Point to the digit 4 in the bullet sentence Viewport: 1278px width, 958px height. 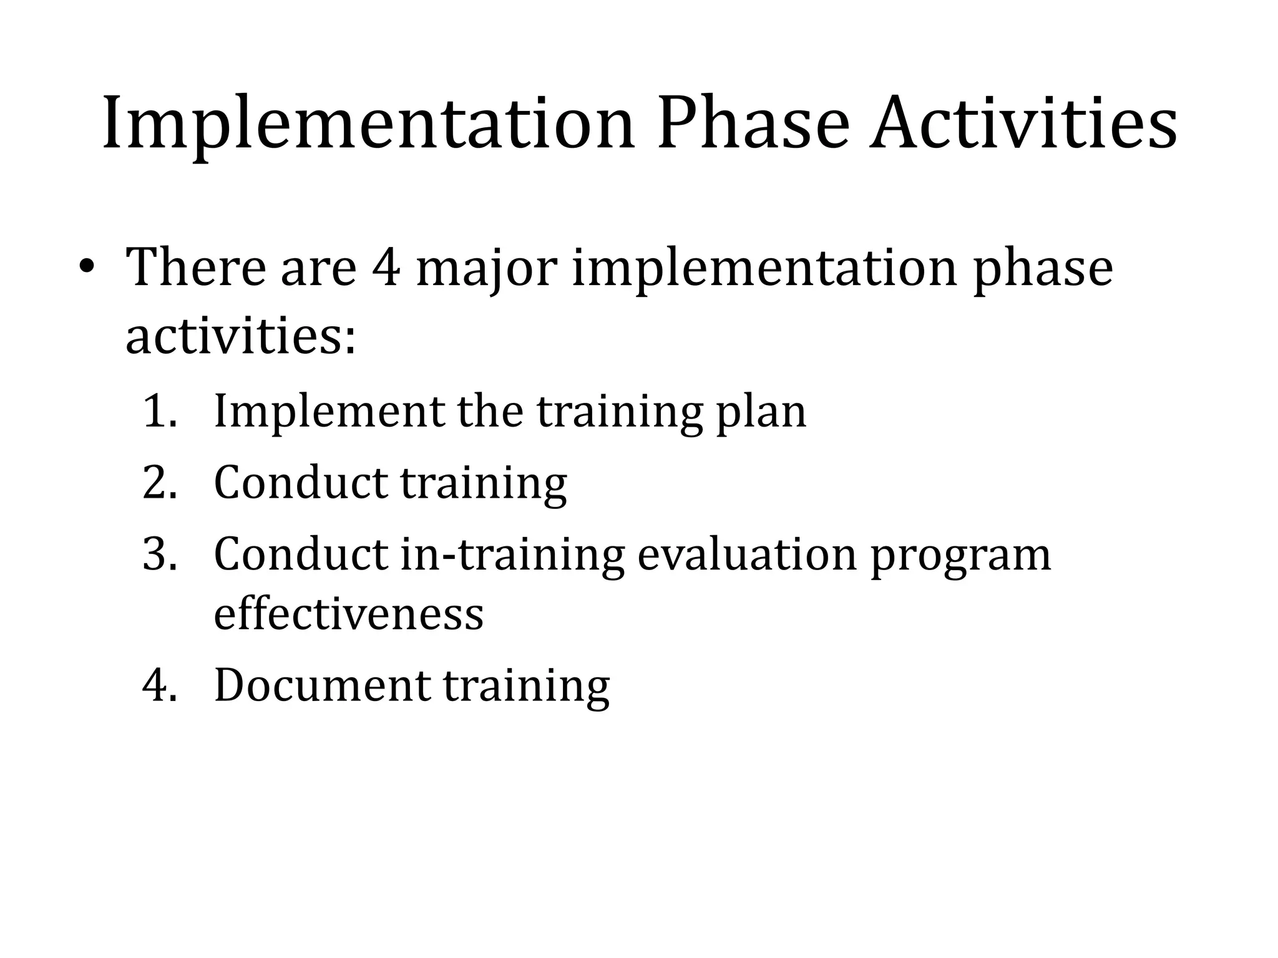point(386,268)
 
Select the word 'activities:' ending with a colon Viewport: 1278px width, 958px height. point(241,337)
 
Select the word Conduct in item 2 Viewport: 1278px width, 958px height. point(301,483)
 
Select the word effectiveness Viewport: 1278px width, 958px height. point(349,614)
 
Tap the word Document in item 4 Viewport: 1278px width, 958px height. point(322,686)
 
